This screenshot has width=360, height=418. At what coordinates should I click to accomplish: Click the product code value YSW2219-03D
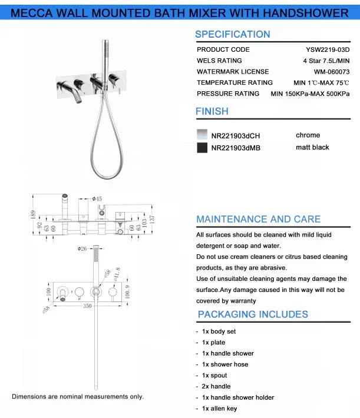(x=328, y=50)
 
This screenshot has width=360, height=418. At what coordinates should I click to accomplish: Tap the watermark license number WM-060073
(x=331, y=72)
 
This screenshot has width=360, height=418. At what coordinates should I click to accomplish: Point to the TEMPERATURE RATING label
(x=235, y=83)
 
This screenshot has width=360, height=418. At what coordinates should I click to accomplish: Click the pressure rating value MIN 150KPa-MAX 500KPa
(x=310, y=94)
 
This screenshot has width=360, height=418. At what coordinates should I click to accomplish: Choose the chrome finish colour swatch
(x=202, y=135)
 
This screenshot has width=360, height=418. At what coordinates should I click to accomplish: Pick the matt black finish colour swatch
(x=202, y=148)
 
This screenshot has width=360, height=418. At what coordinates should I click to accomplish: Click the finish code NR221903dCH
(x=235, y=136)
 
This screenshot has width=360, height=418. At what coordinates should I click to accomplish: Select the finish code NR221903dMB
(x=236, y=148)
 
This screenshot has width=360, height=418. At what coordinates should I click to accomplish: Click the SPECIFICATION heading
(x=232, y=35)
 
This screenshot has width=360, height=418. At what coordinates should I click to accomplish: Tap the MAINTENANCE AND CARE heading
(x=258, y=220)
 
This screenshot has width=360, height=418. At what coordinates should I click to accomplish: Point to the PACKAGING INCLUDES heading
(x=253, y=314)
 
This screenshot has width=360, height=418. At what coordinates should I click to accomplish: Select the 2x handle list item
(x=216, y=386)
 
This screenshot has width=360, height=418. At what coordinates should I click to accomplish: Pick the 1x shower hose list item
(x=225, y=364)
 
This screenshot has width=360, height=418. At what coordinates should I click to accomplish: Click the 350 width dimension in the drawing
(x=87, y=307)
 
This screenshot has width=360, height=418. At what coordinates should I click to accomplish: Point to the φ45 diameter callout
(x=97, y=199)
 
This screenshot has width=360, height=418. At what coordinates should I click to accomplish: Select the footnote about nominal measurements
(x=78, y=397)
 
